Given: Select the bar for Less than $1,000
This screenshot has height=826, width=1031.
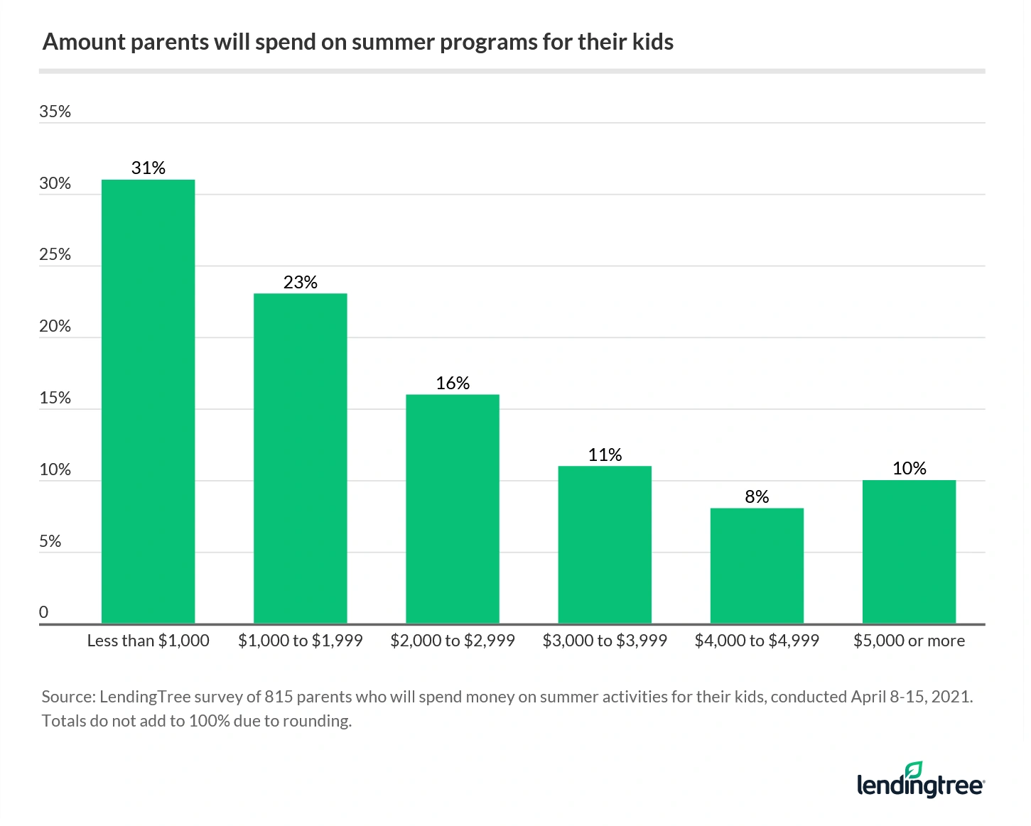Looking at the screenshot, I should (x=148, y=401).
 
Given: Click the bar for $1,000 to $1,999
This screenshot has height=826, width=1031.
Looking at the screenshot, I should (x=300, y=458).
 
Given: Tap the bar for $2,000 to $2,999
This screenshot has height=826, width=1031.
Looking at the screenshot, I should (x=452, y=509).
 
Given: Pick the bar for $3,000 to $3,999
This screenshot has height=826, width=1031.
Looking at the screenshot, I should (x=605, y=544).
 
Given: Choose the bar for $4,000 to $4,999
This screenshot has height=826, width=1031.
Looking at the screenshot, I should (x=757, y=565).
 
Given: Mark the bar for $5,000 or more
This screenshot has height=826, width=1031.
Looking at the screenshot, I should (x=909, y=551).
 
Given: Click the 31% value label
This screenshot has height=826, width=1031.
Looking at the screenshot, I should (x=148, y=168).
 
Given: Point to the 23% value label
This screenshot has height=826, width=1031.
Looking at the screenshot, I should (x=300, y=282).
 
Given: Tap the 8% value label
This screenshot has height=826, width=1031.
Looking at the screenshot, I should (x=757, y=496).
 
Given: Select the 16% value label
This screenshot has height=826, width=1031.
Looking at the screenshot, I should (x=452, y=383).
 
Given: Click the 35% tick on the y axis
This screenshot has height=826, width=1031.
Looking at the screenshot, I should (x=55, y=112).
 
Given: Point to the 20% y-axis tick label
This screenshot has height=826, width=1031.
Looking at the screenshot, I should (x=55, y=326).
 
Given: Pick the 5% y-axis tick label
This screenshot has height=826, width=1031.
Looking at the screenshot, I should (x=50, y=541).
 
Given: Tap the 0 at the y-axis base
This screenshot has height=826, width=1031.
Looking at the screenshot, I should (x=44, y=612).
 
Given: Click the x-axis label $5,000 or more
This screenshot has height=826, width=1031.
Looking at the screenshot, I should (x=909, y=641).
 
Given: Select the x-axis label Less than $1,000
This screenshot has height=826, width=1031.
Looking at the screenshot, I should (x=148, y=641).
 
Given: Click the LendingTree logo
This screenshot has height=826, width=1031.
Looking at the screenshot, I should (x=920, y=781).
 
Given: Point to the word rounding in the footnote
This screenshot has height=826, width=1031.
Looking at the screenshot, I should (x=315, y=721).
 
